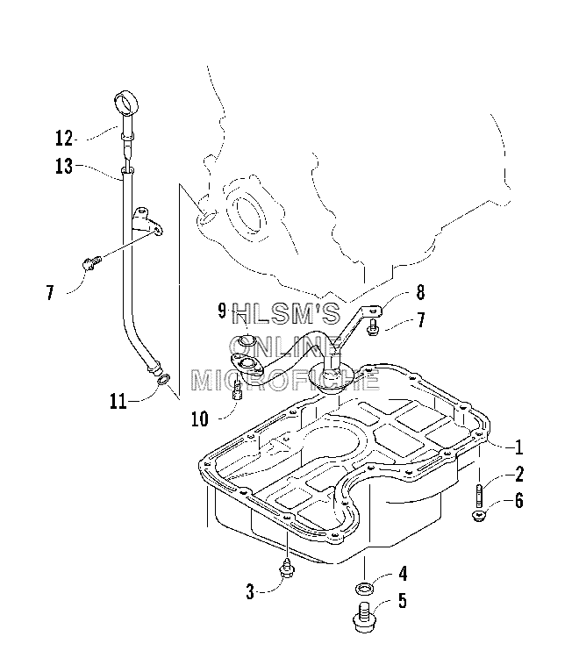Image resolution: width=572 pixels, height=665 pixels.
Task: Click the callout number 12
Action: tap(64, 139)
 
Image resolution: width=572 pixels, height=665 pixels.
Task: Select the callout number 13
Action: tap(64, 166)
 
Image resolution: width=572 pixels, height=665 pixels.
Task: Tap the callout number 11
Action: tap(118, 401)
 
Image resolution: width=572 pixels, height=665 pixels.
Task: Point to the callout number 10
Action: tap(200, 418)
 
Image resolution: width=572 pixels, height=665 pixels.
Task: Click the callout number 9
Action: tap(222, 311)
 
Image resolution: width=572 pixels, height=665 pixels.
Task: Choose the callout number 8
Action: tap(420, 292)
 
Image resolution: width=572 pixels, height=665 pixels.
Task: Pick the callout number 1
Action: tap(518, 447)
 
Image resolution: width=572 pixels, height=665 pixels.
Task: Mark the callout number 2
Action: tap(519, 474)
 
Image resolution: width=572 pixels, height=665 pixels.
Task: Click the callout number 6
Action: tap(519, 500)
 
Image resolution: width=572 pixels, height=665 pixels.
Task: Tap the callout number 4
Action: tap(403, 574)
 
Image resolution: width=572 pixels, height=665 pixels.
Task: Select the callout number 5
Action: tap(402, 601)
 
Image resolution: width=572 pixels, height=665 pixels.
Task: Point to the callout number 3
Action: tap(250, 591)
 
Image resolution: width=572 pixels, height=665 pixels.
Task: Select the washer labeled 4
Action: tap(364, 589)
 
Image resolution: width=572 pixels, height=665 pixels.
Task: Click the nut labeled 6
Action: tap(479, 516)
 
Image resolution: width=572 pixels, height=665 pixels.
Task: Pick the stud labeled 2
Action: tap(479, 496)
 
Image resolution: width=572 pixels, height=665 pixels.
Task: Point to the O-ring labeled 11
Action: tap(164, 379)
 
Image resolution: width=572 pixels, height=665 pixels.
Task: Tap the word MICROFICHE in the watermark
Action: tap(285, 380)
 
